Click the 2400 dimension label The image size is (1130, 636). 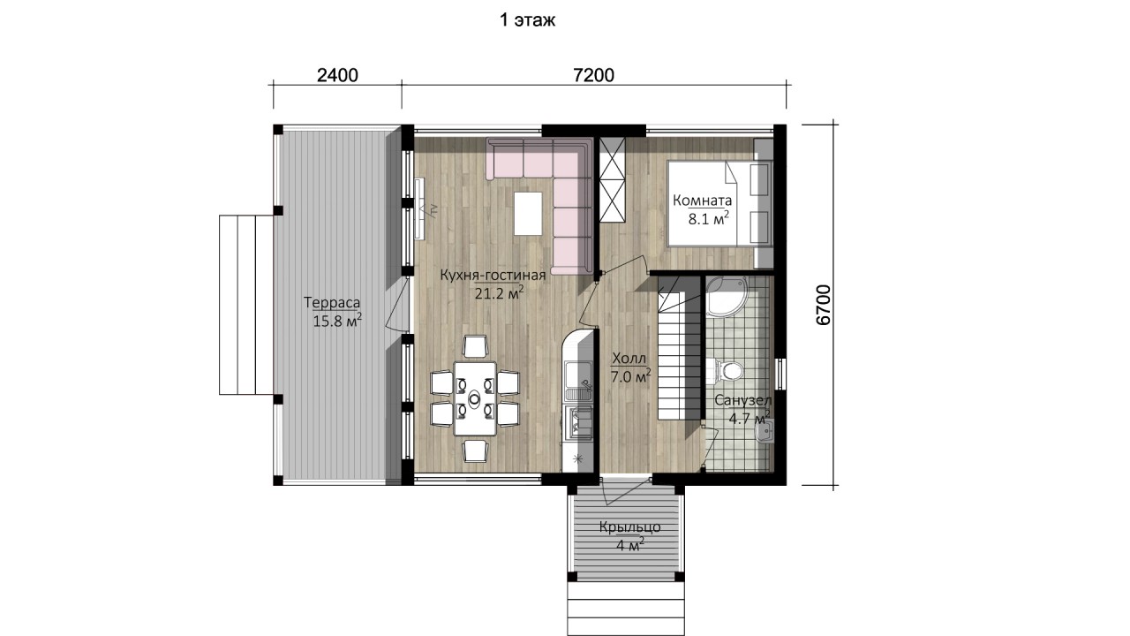pos(337,75)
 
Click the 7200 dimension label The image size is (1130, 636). pos(594,75)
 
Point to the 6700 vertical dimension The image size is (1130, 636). pos(823,305)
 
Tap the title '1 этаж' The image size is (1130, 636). pos(527,20)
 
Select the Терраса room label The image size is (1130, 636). pos(332,302)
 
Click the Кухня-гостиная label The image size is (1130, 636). pos(493,275)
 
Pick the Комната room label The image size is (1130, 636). pos(702,201)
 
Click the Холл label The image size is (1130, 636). pos(629,359)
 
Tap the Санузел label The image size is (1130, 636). pos(743,401)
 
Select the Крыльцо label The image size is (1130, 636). pos(629,527)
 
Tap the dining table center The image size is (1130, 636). pos(475,398)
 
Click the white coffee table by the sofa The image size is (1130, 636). pos(528,214)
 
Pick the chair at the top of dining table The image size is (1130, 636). pos(475,346)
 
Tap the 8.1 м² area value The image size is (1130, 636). pos(709,218)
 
